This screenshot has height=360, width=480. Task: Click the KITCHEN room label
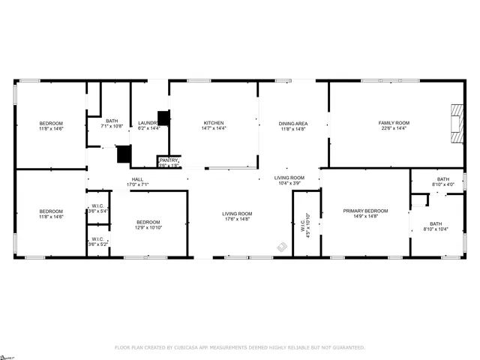214,123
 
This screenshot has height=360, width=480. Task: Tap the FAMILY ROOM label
393,123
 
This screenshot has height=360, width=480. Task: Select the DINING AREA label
294,123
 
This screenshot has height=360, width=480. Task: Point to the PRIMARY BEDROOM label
365,211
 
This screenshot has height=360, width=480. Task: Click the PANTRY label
168,160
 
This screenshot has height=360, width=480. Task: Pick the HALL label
138,179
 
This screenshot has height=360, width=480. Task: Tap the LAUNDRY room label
146,123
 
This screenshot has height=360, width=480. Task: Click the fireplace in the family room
456,122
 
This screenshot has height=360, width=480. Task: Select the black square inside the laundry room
163,118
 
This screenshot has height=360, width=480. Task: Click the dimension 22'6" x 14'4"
393,128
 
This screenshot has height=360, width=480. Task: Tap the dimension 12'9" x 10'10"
148,227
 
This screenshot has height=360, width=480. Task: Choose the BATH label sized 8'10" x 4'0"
443,179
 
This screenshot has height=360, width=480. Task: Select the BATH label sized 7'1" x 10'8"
112,121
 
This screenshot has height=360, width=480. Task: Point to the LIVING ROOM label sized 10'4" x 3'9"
289,178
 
